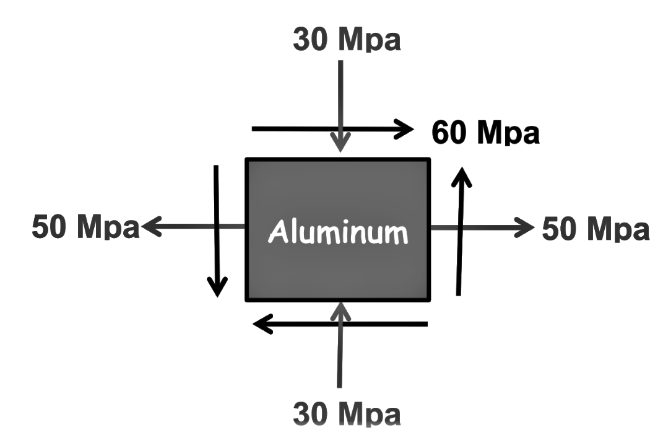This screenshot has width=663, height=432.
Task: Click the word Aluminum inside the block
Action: tap(339, 233)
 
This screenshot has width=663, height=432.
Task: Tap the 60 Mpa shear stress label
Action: tap(485, 133)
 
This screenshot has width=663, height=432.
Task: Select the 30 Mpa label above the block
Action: tap(347, 40)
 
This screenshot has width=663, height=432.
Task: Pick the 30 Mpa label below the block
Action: tap(347, 413)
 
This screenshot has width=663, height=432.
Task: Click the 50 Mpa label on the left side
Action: tap(85, 227)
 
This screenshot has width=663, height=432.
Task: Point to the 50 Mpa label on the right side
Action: tap(596, 228)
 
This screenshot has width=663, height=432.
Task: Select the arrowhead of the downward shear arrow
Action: tap(217, 288)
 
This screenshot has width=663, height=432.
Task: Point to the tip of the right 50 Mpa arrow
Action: tap(529, 227)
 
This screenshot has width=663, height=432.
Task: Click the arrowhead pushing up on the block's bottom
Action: tap(340, 309)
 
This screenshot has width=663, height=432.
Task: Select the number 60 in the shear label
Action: tap(449, 133)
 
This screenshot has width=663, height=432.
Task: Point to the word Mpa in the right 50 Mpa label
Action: tap(616, 228)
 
